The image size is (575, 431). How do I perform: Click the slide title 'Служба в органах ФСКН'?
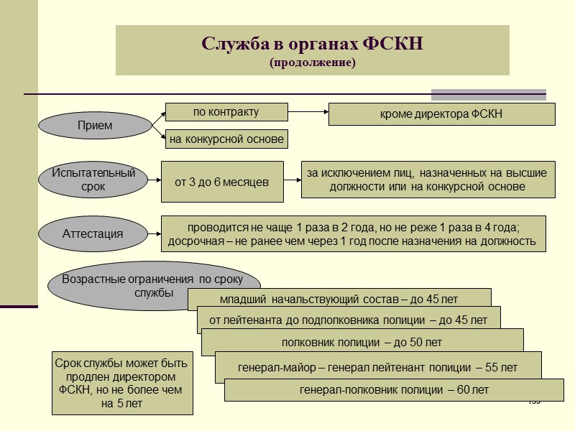coord(312,44)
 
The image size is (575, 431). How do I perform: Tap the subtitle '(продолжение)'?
coord(312,63)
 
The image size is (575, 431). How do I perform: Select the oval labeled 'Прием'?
coord(95,125)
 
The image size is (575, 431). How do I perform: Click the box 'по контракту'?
coord(226,112)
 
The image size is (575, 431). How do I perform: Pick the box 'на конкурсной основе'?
coord(226,139)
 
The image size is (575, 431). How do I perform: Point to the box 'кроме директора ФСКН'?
coord(441,114)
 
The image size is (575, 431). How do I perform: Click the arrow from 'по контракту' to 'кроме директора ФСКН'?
coord(308,112)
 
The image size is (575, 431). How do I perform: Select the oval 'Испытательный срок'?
coord(94,180)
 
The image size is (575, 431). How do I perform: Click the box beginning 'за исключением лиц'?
coord(428,180)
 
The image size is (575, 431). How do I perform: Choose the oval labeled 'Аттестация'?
coord(93,234)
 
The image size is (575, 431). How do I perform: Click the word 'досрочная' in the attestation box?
coord(193,241)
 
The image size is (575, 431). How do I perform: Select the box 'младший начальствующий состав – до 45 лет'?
coord(339,298)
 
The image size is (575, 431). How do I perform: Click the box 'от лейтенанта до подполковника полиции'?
coord(349,319)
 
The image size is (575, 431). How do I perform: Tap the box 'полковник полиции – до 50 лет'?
coord(362,342)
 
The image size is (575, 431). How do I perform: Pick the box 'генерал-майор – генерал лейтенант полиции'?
coord(378,367)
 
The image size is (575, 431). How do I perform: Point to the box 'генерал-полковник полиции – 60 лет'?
coord(394,390)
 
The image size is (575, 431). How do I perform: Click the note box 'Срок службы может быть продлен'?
coord(122,383)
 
